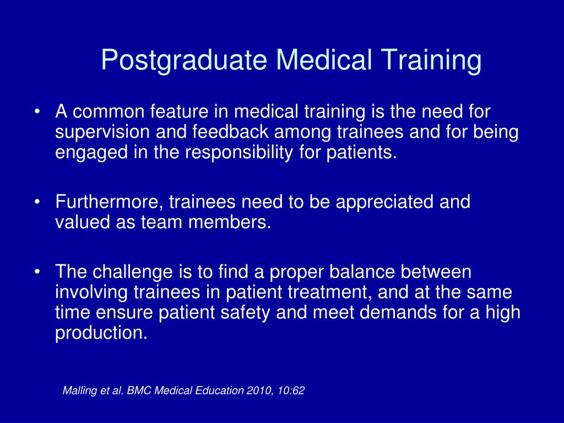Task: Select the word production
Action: [x=101, y=333]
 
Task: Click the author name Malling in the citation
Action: [x=79, y=391]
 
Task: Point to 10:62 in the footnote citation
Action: [x=292, y=391]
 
